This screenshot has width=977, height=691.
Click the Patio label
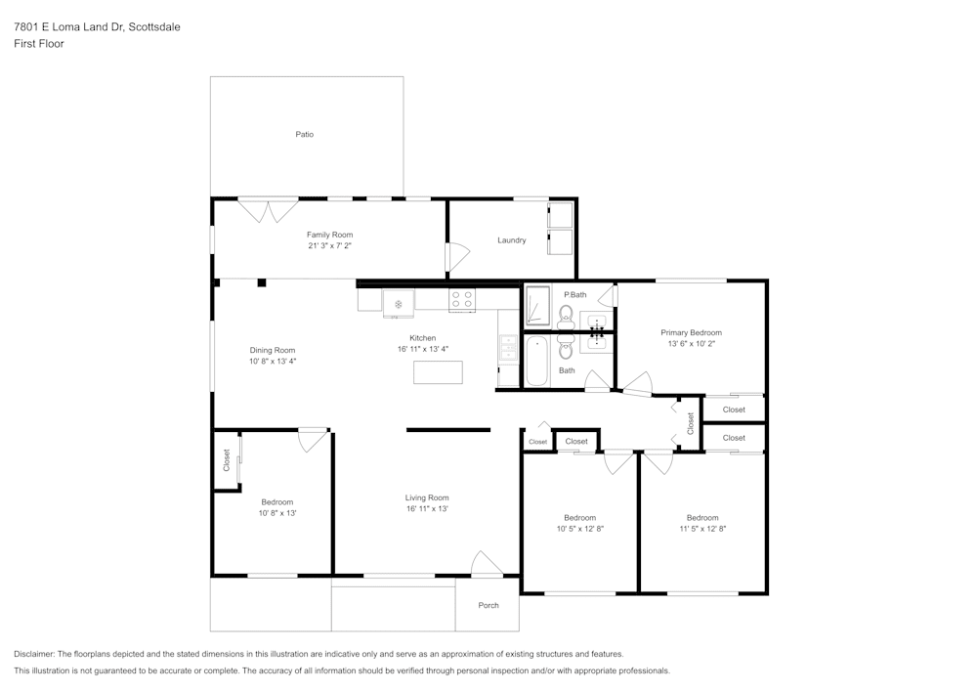pos(305,134)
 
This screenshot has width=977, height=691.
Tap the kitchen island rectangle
pos(438,372)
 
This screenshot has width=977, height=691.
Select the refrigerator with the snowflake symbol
pos(399,302)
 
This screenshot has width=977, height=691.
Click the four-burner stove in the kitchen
pos(461,300)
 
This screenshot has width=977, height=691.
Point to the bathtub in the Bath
pos(537,362)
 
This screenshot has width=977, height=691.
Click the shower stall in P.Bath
pos(537,306)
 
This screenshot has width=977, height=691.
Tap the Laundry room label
pos(511,240)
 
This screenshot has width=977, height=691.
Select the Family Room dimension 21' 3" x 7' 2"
pos(329,246)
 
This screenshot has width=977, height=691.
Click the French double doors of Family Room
pos(269,209)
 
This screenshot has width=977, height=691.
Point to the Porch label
pos(488,605)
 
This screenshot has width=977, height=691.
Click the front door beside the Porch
pos(487,565)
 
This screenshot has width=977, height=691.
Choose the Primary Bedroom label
pos(691,332)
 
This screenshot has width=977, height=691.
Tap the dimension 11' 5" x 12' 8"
pos(702,529)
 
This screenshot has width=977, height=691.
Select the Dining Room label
pos(272,350)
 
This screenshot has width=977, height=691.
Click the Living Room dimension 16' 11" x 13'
pos(427,508)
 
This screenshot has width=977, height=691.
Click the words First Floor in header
pos(39,44)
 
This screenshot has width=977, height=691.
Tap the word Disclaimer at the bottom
pos(34,654)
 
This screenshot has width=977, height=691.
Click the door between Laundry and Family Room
pos(454,257)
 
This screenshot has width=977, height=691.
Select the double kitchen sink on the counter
pos(508,347)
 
